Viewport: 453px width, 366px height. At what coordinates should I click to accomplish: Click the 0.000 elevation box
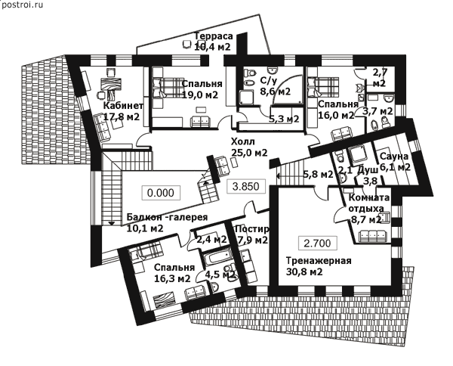coord(161,193)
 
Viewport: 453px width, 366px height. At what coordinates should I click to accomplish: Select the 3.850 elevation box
coord(246,186)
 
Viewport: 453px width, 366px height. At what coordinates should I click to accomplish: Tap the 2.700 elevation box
coord(318,243)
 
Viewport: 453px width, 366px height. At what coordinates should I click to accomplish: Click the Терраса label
coord(213,36)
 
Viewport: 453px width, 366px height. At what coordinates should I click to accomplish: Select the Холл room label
coord(243,141)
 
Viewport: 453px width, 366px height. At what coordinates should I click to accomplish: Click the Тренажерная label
coord(319,260)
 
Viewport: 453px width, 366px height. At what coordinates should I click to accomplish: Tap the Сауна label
coord(394,157)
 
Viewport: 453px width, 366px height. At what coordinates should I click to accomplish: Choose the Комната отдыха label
coord(369,203)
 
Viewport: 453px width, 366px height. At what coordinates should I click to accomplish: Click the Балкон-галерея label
coord(167,217)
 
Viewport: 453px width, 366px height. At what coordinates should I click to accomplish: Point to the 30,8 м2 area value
coord(304,271)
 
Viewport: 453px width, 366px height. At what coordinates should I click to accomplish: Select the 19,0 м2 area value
coord(200,95)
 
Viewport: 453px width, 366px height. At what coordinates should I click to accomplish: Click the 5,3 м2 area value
coord(284,119)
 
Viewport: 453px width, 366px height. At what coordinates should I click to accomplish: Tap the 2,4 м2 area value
coord(211,240)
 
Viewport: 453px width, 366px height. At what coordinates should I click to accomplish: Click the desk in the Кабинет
coord(109,84)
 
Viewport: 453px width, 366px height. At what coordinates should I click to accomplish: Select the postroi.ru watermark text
coord(23,5)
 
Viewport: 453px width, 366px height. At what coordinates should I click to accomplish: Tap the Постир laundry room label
coord(252,229)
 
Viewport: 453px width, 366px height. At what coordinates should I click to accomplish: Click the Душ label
coord(368,170)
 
